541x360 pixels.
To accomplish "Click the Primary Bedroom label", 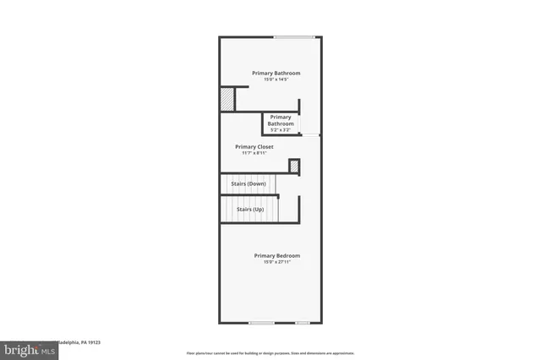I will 277,255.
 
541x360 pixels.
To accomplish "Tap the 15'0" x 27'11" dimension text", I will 277,262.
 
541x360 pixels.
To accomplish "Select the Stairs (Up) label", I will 250,209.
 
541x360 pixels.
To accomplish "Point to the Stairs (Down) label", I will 249,183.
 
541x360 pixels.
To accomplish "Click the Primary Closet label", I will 254,146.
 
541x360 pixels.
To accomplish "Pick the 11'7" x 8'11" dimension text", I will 254,153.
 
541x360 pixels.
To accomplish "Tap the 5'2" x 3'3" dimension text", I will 281,130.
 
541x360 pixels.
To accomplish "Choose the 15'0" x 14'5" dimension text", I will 276,79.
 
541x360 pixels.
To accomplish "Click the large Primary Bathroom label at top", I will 276,73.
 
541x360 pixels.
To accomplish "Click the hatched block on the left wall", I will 227,99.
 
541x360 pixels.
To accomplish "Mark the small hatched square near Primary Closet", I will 293,166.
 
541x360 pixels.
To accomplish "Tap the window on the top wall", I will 294,36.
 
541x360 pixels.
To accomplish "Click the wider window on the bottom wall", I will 261,322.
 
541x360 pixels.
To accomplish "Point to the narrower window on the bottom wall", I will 302,322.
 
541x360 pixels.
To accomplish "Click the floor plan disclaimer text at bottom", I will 270,352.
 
